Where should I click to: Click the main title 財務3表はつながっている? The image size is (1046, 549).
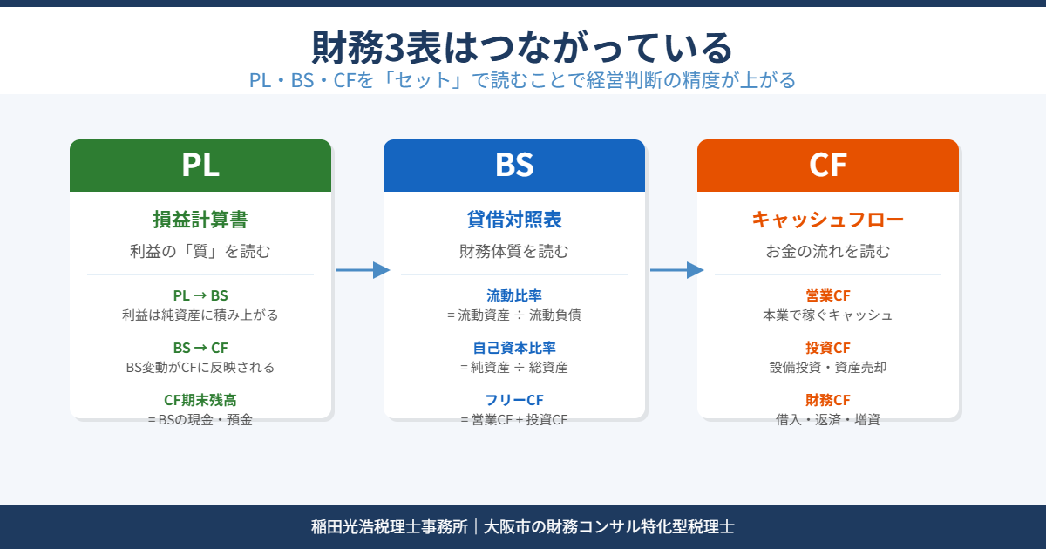[522, 46]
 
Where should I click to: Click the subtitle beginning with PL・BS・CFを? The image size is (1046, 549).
[522, 80]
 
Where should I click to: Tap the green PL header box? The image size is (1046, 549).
[200, 166]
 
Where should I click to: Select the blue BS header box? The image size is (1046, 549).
[514, 166]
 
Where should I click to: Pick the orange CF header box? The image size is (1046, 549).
[828, 166]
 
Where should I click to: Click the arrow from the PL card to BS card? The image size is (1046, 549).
[363, 270]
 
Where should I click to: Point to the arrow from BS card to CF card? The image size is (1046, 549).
[676, 270]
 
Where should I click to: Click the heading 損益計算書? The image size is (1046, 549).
[200, 220]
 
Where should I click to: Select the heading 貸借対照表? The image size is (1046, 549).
[514, 220]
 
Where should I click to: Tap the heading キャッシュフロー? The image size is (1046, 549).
[828, 220]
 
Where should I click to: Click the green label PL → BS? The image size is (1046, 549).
[200, 295]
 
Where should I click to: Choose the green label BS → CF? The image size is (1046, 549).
[200, 348]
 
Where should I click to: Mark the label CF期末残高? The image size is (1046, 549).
[200, 400]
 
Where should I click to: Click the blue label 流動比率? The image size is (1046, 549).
[514, 295]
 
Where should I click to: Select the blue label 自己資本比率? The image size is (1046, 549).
[514, 348]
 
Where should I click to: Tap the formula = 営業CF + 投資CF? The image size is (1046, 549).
[514, 420]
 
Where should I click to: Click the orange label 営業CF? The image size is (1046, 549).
[828, 295]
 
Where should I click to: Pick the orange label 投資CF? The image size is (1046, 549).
[828, 348]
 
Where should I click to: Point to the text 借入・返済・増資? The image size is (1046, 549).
[828, 420]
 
